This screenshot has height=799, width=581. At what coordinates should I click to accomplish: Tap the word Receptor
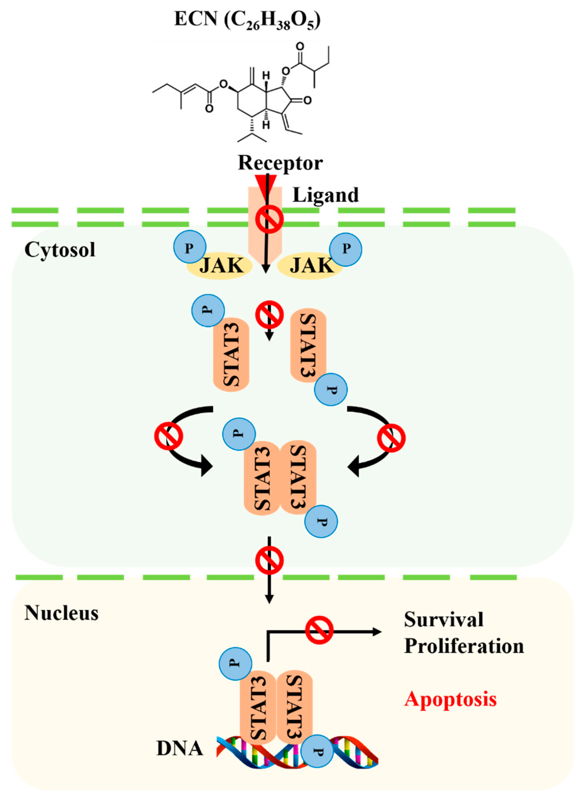click(280, 163)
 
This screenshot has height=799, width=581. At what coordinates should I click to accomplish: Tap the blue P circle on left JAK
click(190, 247)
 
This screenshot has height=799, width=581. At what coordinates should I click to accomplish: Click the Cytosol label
click(60, 250)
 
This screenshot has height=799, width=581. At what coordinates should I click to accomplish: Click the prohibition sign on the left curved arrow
click(169, 436)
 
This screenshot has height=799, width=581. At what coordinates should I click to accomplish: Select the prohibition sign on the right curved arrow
click(391, 438)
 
